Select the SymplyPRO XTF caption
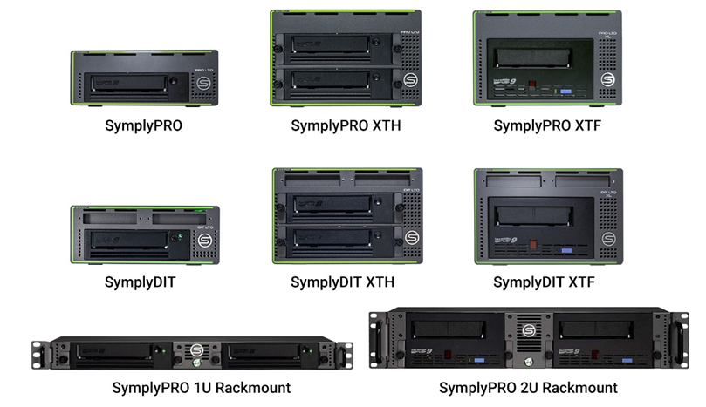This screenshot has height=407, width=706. tap(547, 125)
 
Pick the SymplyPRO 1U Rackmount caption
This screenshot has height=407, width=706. tap(202, 387)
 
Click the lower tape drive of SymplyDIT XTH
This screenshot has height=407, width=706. tap(336, 237)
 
